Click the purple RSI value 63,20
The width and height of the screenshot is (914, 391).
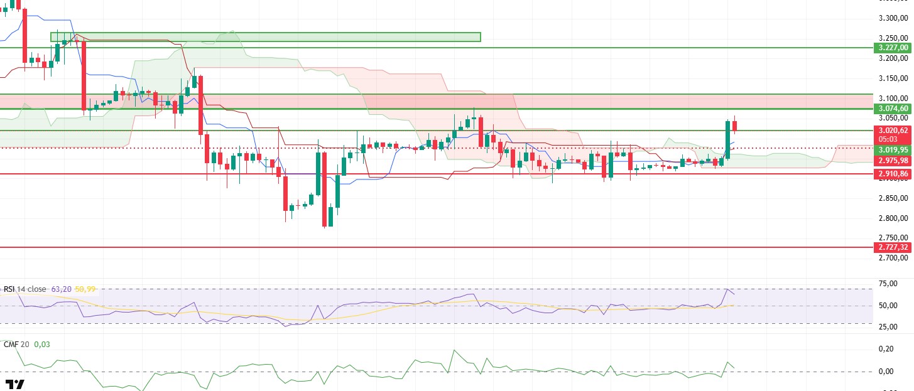(x=60, y=289)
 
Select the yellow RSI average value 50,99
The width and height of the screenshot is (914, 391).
(x=85, y=289)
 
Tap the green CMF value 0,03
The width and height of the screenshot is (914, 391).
(x=41, y=345)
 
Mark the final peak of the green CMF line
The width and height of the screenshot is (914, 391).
(x=727, y=363)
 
